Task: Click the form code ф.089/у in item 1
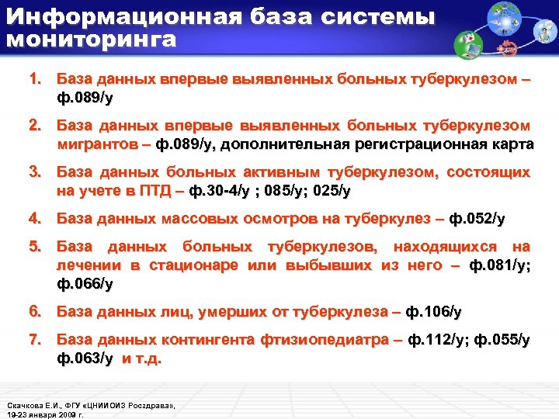(x=85, y=99)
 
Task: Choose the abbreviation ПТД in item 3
(x=151, y=191)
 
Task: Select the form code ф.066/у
(x=85, y=284)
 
